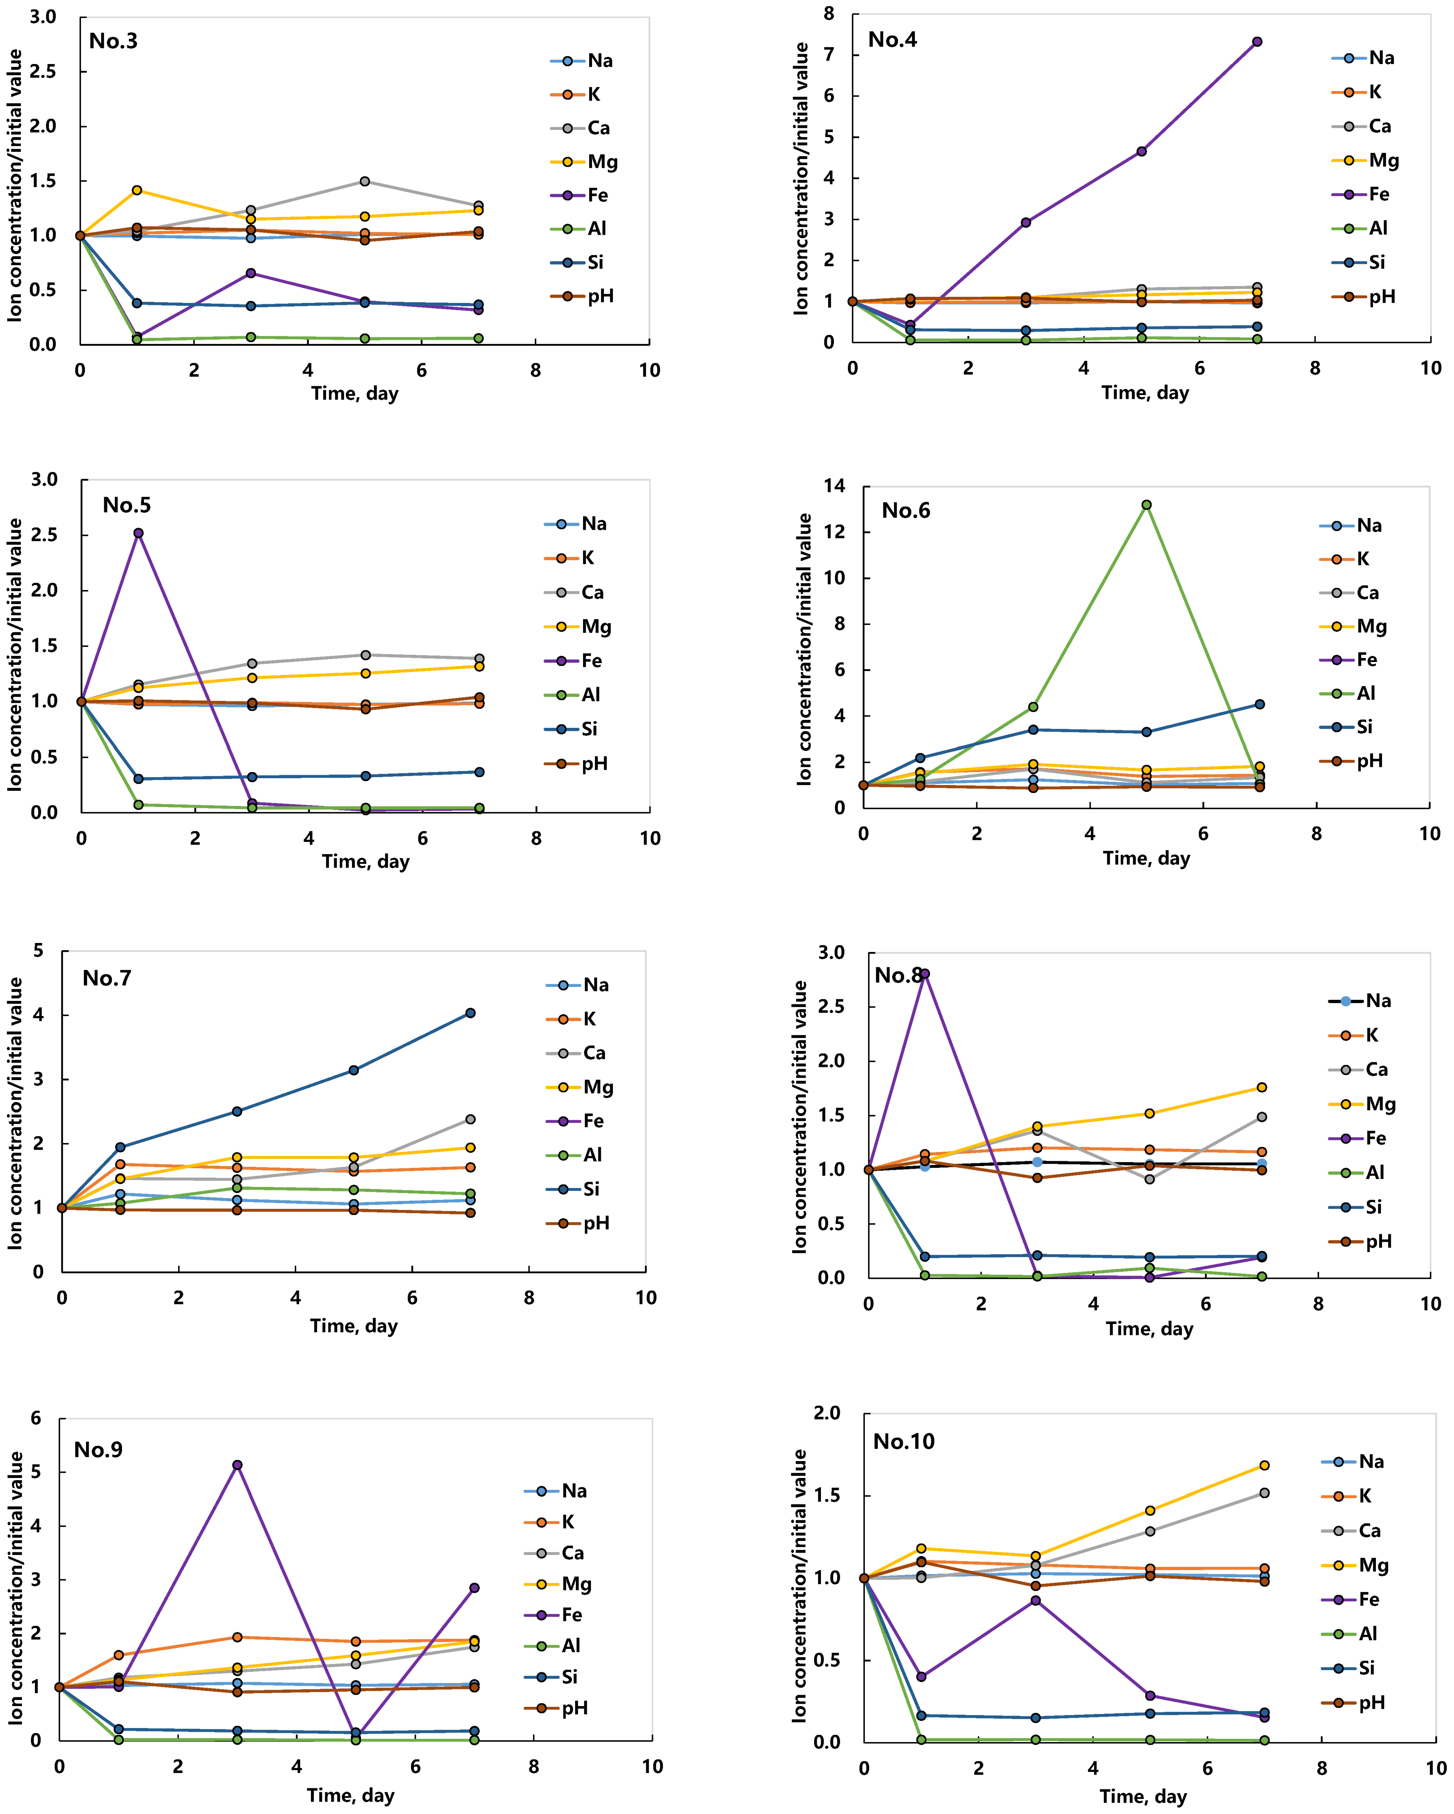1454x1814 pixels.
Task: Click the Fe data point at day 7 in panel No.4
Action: (1257, 41)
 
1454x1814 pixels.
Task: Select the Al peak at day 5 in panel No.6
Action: (1146, 505)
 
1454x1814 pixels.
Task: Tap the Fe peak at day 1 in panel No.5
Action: (138, 532)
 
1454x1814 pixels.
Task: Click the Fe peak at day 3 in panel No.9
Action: (237, 1465)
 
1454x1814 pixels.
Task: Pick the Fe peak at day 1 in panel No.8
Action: (925, 974)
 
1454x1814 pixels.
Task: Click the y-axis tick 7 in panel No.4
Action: (830, 55)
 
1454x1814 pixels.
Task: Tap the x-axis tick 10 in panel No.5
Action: (650, 838)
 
